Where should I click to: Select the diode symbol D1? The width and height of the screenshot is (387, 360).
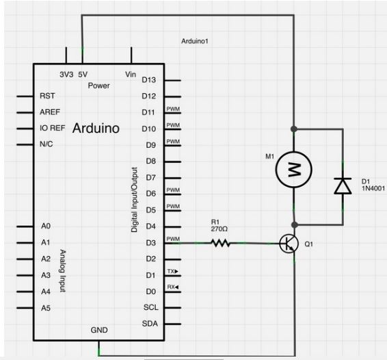[x=342, y=185]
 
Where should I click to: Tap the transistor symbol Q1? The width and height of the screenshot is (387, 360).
[x=289, y=243]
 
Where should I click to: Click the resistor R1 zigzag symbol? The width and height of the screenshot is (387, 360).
[x=220, y=242]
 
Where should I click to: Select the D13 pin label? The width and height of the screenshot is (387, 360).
[x=149, y=80]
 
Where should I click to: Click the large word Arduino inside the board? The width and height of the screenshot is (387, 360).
[x=96, y=128]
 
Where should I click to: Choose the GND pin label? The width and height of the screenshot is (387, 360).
[x=99, y=330]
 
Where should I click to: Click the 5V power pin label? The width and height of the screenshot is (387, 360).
[x=83, y=74]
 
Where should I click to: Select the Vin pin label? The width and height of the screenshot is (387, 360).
[x=131, y=74]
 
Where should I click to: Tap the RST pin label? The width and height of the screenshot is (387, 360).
[x=48, y=96]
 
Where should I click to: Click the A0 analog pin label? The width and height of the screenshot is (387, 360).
[x=46, y=226]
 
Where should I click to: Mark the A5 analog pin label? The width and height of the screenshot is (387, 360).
[x=46, y=307]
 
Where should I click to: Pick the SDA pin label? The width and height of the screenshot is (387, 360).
[x=150, y=323]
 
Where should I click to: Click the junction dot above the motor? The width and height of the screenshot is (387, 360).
[x=294, y=129]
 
